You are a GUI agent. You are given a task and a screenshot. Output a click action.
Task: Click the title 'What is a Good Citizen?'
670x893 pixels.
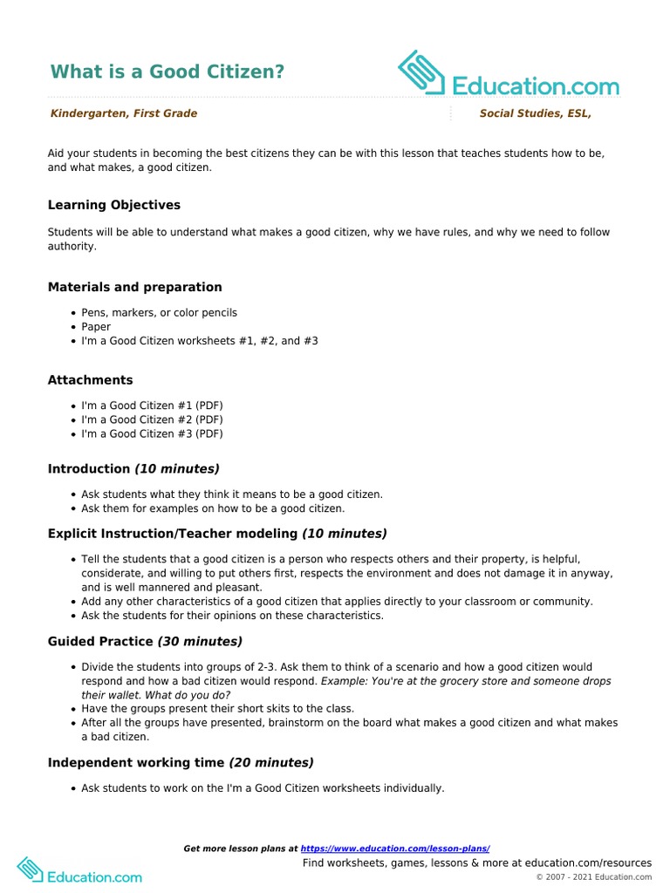click(x=167, y=72)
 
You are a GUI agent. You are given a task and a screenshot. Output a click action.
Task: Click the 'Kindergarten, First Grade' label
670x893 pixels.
click(x=124, y=113)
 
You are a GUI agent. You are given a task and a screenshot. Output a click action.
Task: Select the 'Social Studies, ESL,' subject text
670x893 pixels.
click(x=541, y=113)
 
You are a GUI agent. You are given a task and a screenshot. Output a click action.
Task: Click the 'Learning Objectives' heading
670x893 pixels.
click(x=114, y=205)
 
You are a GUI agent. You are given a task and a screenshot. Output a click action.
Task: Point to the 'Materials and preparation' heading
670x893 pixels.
click(x=134, y=287)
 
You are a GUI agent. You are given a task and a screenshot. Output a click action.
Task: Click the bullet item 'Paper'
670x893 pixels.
click(x=96, y=327)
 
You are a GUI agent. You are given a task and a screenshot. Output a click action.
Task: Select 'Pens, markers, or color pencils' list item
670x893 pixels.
click(x=159, y=312)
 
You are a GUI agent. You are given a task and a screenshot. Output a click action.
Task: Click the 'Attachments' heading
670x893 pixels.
click(x=90, y=380)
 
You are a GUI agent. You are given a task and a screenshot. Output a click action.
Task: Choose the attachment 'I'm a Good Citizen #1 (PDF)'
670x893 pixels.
click(x=152, y=406)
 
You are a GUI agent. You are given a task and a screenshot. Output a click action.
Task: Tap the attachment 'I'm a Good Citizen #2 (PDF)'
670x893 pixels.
click(x=152, y=419)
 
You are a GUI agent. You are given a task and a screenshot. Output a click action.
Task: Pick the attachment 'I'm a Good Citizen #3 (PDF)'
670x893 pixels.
click(x=152, y=433)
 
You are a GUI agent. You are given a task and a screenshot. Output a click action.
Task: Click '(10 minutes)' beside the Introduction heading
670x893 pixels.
click(x=177, y=469)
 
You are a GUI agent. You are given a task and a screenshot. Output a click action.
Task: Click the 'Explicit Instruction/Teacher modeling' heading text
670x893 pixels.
click(x=173, y=534)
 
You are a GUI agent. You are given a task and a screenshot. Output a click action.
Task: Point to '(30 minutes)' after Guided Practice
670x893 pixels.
click(x=200, y=642)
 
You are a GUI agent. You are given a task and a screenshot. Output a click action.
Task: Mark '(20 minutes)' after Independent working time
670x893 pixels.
click(x=271, y=762)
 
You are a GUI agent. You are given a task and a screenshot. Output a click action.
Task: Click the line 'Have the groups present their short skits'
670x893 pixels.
click(x=218, y=709)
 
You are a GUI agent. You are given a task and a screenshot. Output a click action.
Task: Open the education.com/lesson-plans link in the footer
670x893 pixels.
click(x=395, y=849)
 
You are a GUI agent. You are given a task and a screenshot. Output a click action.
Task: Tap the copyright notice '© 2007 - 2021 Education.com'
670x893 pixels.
click(x=593, y=877)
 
